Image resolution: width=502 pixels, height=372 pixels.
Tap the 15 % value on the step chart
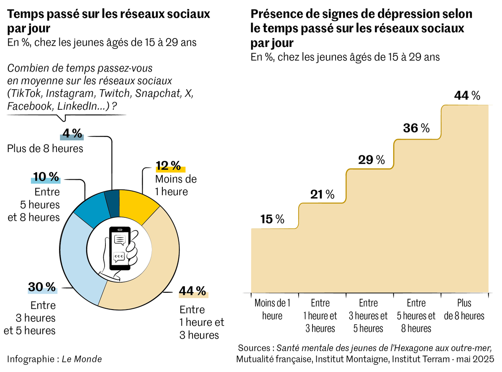[x=272, y=219]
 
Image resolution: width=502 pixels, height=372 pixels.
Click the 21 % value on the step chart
[x=322, y=194]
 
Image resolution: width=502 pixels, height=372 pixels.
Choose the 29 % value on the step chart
[x=371, y=160]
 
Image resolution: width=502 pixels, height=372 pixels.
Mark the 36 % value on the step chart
[x=416, y=128]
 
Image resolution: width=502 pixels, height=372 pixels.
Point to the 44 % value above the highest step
[x=467, y=96]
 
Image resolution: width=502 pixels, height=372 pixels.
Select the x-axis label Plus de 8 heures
[x=464, y=309]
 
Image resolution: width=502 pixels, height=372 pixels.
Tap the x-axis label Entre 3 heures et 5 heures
[x=369, y=315]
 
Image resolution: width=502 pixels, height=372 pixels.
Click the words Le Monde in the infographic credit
[x=82, y=359]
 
